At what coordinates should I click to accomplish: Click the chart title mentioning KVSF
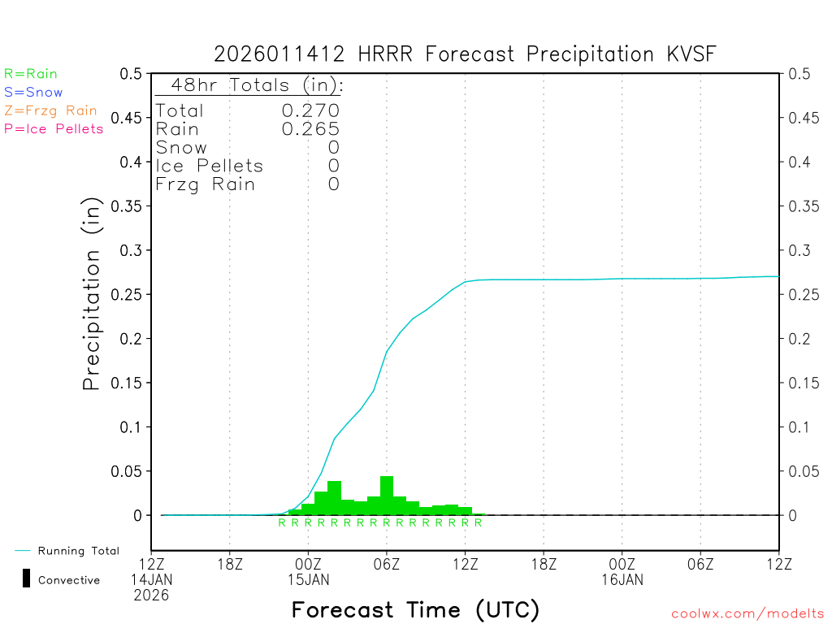466,54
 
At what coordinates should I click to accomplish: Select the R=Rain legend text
31,74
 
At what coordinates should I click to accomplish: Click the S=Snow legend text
33,93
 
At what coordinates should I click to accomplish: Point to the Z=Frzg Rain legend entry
50,110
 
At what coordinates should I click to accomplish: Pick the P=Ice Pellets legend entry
54,128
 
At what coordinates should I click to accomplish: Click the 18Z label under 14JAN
230,564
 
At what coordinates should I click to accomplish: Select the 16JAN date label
622,579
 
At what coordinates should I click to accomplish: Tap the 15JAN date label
309,579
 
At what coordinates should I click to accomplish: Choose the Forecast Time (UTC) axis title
415,609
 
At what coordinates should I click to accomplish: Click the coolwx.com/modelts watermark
747,613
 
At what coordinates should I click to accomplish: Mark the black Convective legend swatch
26,579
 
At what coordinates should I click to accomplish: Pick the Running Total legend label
78,551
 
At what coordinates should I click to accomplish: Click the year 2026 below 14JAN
152,595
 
